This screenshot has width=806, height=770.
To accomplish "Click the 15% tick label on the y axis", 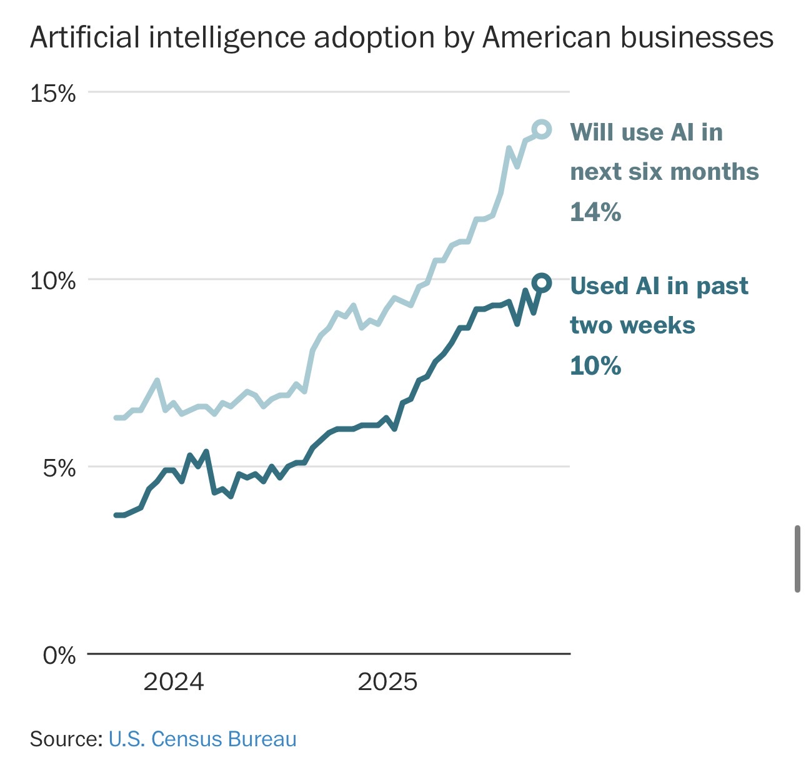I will (53, 94).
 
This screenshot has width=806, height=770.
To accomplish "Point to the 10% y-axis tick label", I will (53, 281).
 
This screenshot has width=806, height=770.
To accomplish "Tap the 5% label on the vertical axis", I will (59, 468).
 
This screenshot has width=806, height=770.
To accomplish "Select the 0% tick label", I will (59, 656).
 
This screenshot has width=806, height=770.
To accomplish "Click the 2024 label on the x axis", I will (174, 682).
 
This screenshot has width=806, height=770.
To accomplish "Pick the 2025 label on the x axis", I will (387, 682).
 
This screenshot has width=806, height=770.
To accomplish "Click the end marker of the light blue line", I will (541, 130).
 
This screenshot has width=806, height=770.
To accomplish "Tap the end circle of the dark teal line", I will (541, 283).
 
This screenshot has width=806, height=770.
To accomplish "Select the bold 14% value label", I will (595, 212).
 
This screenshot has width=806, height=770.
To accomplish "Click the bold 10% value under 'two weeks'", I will (595, 366).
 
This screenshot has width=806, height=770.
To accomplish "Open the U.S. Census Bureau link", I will (202, 739).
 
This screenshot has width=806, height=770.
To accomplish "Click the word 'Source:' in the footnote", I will (66, 739).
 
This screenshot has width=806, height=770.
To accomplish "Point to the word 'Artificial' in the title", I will (85, 37).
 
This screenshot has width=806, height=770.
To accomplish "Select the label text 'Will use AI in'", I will (646, 132).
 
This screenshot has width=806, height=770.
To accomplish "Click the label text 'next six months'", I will (664, 172).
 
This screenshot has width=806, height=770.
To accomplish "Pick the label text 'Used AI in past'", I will (659, 286).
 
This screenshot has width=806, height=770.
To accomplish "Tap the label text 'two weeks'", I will (632, 325).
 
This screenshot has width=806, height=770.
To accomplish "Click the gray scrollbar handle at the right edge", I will (797, 559).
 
